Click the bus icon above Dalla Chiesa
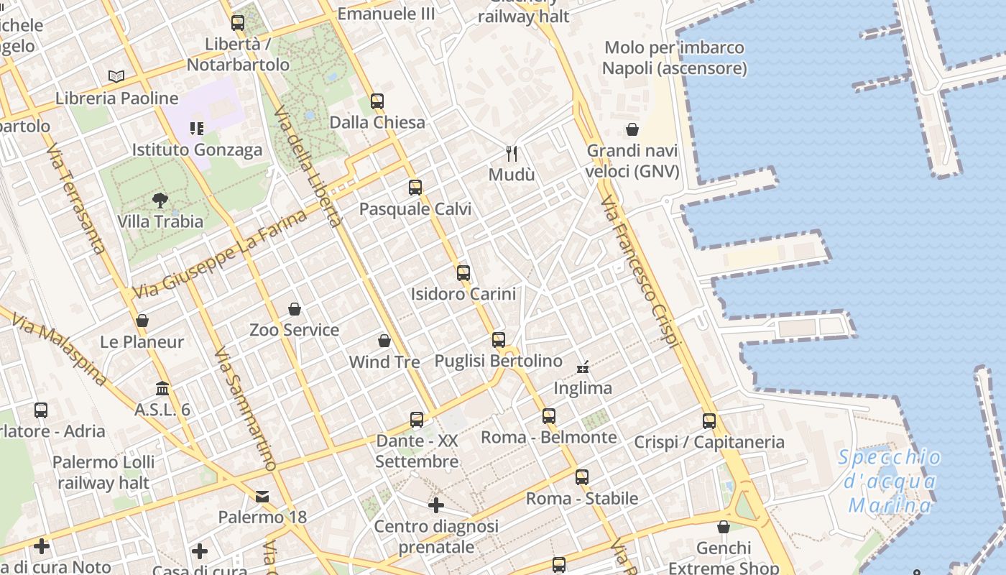pos(377,101)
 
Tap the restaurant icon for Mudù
pos(512,153)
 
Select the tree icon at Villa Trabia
pos(160,201)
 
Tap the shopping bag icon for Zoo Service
pos(294,309)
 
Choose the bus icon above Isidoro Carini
pos(463,273)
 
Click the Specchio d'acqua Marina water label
pos(890,482)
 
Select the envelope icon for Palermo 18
pos(262,497)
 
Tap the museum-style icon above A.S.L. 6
pos(163,388)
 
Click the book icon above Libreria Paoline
pos(116,76)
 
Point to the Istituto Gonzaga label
pos(197,150)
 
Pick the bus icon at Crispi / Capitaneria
pos(709,421)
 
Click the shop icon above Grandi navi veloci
pos(632,129)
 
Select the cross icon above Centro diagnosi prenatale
pos(436,505)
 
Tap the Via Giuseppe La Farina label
pos(219,254)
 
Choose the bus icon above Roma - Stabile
pos(582,477)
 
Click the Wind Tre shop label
pos(384,362)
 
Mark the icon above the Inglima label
pos(583,368)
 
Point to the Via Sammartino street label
pos(245,409)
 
